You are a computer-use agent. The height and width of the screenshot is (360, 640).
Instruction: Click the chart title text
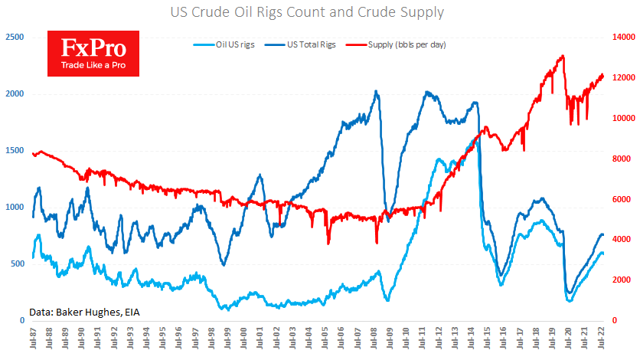[320, 13]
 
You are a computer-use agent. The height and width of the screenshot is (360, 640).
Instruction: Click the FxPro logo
[93, 53]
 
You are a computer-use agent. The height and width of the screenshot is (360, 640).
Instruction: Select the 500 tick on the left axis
[16, 263]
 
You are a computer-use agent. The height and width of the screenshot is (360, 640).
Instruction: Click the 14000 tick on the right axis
[625, 37]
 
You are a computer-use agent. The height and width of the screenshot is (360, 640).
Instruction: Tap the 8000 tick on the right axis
[623, 159]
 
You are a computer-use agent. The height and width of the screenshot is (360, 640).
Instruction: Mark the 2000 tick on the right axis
[623, 280]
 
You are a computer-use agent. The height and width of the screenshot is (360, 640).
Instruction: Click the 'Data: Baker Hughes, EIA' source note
[84, 312]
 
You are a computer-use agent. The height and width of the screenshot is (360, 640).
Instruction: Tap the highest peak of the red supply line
[563, 56]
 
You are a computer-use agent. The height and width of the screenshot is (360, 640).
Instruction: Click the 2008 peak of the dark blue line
[376, 91]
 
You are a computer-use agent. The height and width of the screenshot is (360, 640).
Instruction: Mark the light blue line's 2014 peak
[473, 139]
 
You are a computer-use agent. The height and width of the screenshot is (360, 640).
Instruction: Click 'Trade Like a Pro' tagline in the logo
[93, 67]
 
